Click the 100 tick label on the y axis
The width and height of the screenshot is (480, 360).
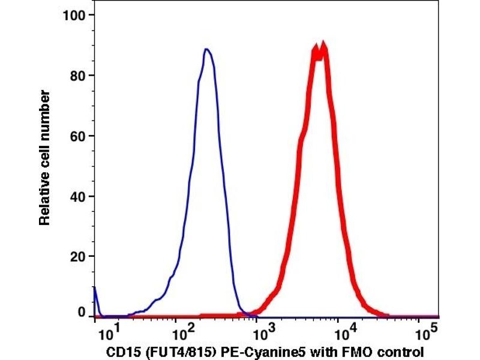[x=77, y=15]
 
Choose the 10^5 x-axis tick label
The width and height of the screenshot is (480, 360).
[x=425, y=331]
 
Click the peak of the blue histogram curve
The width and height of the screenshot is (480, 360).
[x=206, y=50]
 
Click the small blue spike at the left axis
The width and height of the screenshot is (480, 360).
[x=95, y=291]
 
